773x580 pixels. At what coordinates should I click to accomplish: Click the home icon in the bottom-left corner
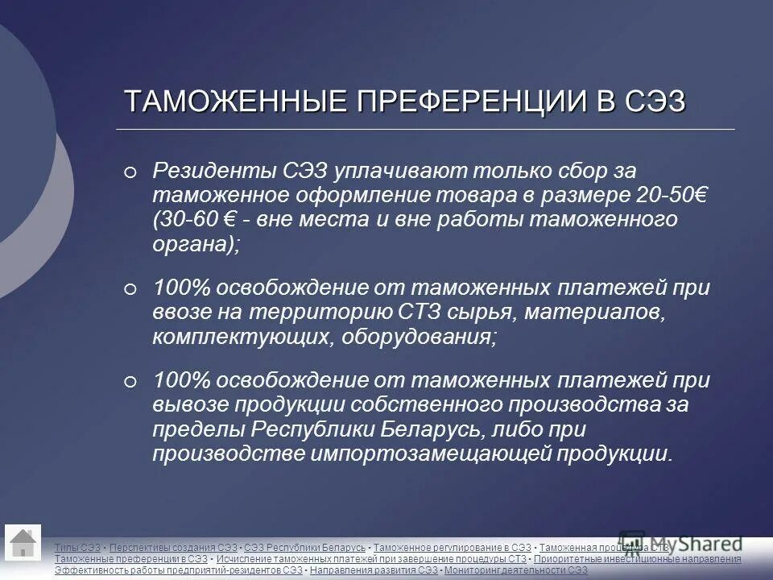(23, 543)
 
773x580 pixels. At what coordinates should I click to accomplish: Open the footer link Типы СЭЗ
(77, 548)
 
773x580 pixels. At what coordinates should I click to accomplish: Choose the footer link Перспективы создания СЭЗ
(173, 548)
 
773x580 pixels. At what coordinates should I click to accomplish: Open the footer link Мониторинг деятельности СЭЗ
(516, 570)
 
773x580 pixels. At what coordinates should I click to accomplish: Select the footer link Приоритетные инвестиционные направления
(637, 559)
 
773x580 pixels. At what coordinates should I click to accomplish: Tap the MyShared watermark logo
(680, 541)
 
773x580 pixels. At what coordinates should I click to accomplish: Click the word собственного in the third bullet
(424, 404)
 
